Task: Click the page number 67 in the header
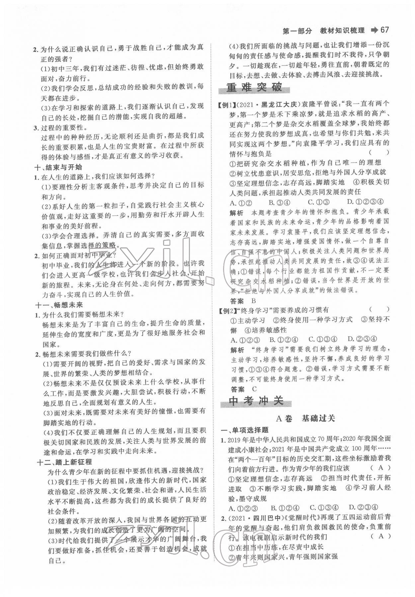384,30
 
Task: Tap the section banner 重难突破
254,88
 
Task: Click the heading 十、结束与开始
58,167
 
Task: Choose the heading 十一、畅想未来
59,304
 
